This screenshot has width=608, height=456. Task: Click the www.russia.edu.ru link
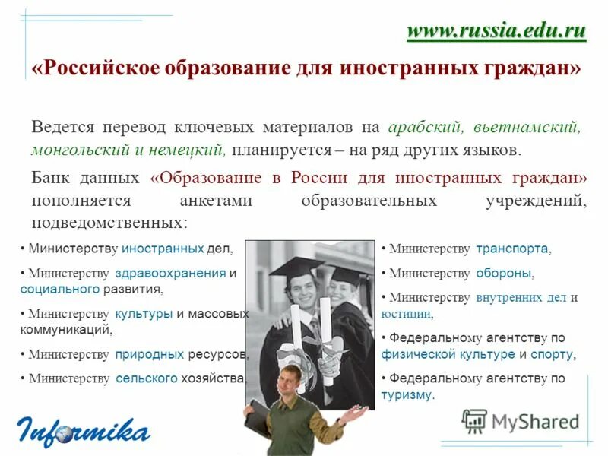click(496, 31)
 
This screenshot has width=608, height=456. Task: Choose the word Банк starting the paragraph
click(52, 179)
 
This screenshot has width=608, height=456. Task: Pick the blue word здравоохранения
click(171, 273)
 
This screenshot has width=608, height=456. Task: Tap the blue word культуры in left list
click(144, 313)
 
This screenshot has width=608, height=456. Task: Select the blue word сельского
click(147, 378)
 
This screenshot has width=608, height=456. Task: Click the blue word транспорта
click(512, 249)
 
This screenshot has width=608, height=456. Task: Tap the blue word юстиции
click(406, 313)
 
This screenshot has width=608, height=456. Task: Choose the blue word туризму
click(407, 394)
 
